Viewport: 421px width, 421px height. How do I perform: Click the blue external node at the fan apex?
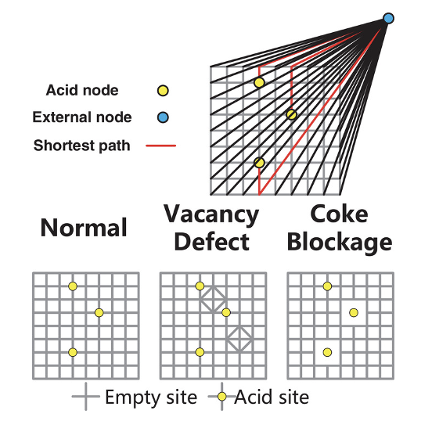[388, 19]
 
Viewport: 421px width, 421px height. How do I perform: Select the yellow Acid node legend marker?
[163, 91]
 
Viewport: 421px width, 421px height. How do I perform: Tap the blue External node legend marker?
[163, 117]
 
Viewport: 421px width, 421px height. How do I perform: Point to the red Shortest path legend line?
[161, 146]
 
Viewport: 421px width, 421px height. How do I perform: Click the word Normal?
[84, 228]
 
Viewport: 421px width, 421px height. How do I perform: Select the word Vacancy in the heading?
[211, 214]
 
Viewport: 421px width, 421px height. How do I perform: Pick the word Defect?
[212, 242]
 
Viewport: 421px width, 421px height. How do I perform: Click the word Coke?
[339, 214]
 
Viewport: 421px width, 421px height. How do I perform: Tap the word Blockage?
[340, 243]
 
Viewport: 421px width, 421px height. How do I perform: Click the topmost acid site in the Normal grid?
[73, 286]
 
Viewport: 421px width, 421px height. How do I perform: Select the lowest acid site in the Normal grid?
[73, 352]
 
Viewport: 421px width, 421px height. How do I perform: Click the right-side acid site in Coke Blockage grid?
[354, 312]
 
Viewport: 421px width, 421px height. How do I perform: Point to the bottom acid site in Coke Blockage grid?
[327, 352]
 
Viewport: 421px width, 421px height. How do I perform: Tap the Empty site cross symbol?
[85, 396]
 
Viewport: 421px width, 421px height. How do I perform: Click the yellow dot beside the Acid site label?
[221, 396]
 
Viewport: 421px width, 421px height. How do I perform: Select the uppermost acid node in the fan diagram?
[259, 82]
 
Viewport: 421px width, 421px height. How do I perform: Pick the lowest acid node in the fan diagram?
[259, 163]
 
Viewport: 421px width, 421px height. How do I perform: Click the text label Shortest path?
[82, 146]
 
